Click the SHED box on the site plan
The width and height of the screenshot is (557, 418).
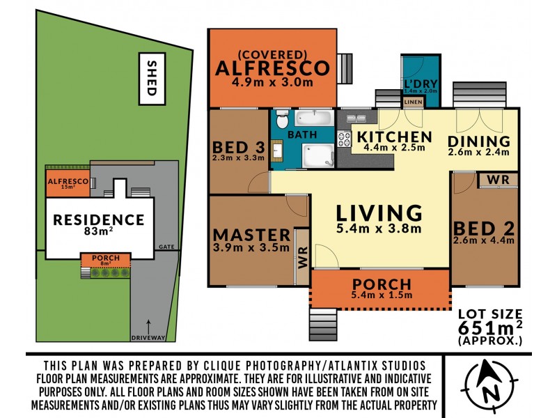tap(151, 79)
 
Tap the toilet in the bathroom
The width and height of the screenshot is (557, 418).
tap(282, 120)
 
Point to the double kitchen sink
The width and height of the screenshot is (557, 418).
tap(355, 118)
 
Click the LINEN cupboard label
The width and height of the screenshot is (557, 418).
tap(412, 102)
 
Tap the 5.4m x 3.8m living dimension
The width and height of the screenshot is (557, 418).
tap(379, 229)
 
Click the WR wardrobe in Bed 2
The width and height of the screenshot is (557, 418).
tap(498, 180)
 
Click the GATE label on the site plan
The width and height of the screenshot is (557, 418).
tap(166, 247)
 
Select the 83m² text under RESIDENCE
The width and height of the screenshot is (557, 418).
tap(99, 233)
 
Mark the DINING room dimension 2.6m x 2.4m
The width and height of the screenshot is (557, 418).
tap(479, 151)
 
